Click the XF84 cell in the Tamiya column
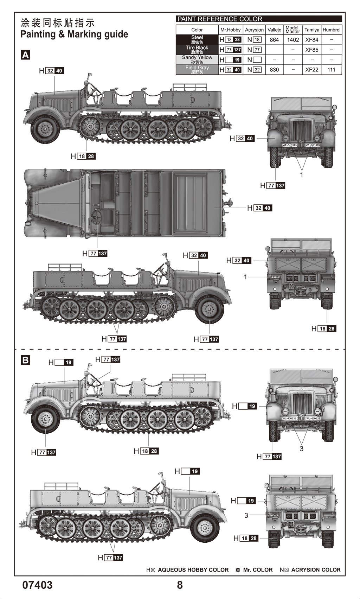311,40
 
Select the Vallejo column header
274,30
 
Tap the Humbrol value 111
331,70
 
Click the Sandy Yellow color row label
197,59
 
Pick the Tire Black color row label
197,50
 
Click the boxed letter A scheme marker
26,55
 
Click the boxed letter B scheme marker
26,360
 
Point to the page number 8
180,585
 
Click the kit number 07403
37,585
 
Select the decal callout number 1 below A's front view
301,175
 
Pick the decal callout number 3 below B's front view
301,448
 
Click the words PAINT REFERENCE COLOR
220,19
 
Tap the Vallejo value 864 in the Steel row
274,40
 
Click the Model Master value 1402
293,40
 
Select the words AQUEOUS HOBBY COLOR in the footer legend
193,570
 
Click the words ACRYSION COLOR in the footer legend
316,570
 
